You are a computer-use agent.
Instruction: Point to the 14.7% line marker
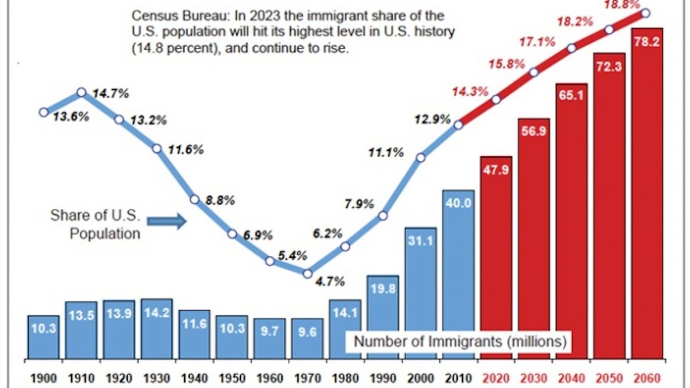82,92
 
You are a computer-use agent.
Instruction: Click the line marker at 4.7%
308,274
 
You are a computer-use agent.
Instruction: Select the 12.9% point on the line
459,125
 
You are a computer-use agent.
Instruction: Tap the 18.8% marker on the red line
646,13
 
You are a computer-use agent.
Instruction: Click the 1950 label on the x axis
232,379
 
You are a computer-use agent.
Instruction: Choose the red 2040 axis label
571,379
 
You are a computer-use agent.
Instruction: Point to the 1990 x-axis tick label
383,379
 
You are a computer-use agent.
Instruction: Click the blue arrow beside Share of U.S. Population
167,221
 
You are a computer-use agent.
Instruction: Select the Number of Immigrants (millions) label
461,341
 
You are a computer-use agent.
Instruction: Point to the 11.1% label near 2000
386,152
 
